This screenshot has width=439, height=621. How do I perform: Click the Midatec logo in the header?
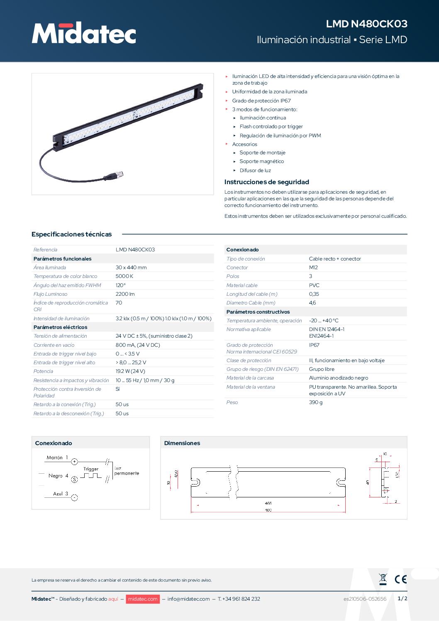(x=84, y=33)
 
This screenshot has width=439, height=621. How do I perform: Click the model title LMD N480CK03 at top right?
(x=366, y=24)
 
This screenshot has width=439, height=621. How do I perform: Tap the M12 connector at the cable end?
(x=112, y=177)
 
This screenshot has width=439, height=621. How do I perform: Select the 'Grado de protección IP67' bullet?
(x=261, y=101)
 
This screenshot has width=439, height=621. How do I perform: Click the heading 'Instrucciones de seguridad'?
(x=266, y=182)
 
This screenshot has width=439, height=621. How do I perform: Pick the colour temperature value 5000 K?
(x=124, y=276)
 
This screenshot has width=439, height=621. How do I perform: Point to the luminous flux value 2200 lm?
(x=125, y=294)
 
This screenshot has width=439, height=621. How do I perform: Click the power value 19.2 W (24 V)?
(x=130, y=371)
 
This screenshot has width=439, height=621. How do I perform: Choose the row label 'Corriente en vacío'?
(x=54, y=345)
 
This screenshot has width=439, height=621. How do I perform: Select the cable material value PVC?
(x=314, y=285)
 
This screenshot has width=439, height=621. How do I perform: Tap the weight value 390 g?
(x=315, y=402)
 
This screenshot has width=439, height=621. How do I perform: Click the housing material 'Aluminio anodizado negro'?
(x=338, y=378)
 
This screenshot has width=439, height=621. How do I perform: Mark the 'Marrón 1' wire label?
(x=57, y=458)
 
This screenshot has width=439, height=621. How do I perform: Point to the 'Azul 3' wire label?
(x=61, y=494)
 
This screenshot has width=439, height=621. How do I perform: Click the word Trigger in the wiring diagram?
(x=91, y=469)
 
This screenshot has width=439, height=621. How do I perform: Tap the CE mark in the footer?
(x=400, y=579)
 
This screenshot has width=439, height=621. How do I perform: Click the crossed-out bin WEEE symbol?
(x=383, y=579)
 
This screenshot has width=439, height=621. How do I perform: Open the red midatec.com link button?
(x=142, y=599)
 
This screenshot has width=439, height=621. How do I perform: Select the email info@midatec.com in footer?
(x=188, y=599)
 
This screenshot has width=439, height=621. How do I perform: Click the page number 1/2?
(x=402, y=599)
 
